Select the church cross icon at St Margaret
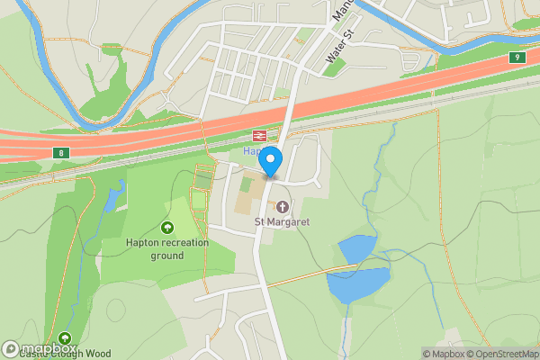tap(282, 207)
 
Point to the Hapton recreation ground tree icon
tap(167, 229)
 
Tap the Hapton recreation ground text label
tap(167, 249)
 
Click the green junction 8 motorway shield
tap(60, 153)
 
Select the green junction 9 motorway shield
tap(517, 58)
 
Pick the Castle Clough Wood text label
tap(67, 354)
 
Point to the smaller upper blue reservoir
tap(357, 248)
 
